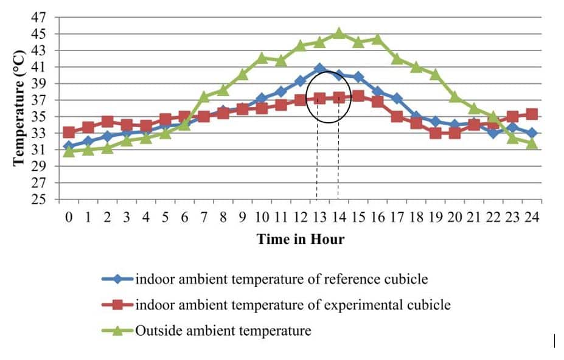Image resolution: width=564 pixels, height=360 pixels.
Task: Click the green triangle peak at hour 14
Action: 339,33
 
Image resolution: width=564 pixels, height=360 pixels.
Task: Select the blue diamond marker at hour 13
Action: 320,69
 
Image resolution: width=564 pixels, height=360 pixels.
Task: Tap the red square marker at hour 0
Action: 69,132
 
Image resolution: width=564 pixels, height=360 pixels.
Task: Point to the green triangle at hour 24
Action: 532,144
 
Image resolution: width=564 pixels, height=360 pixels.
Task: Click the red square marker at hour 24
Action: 532,114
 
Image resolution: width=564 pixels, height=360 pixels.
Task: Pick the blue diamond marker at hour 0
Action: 69,146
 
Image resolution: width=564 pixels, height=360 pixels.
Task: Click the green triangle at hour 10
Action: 262,58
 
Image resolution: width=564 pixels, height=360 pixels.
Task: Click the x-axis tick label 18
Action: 416,218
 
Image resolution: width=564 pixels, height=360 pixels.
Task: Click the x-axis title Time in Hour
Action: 301,239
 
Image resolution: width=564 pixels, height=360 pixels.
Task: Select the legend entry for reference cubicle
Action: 281,279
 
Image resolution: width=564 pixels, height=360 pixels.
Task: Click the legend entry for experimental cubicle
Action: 293,305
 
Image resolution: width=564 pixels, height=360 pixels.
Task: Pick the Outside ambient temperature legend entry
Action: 223,331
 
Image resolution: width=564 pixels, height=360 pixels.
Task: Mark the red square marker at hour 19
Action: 436,133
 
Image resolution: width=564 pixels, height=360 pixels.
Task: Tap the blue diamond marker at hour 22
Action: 493,133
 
